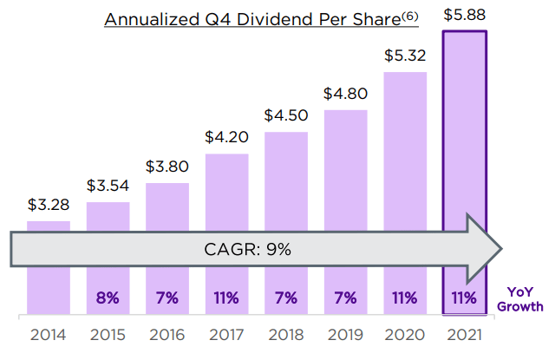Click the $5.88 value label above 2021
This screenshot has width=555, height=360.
(x=465, y=16)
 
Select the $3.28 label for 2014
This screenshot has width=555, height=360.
(x=49, y=206)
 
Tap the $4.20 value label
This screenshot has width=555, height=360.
(x=226, y=137)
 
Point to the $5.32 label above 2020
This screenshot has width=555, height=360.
(x=404, y=56)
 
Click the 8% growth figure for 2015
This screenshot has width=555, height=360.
(x=108, y=298)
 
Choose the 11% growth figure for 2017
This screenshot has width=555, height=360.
(x=226, y=298)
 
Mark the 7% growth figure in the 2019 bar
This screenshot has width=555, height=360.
(x=345, y=298)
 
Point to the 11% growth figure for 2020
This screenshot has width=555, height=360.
(x=404, y=298)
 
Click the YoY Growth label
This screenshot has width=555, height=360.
(x=520, y=299)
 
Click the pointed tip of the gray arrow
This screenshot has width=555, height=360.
(x=500, y=250)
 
